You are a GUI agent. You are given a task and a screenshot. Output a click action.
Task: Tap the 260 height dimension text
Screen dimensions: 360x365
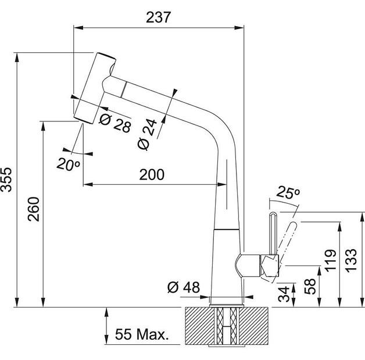pyautogui.click(x=34, y=213)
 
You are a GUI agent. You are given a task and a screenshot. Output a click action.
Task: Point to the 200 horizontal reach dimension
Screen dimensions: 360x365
pyautogui.click(x=151, y=174)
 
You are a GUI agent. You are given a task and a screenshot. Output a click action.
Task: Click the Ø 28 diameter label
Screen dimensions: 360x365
pyautogui.click(x=114, y=123)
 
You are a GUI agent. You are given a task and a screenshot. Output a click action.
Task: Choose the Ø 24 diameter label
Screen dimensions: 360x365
pyautogui.click(x=149, y=137)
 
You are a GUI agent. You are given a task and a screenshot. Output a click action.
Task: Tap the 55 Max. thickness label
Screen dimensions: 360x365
pyautogui.click(x=141, y=334)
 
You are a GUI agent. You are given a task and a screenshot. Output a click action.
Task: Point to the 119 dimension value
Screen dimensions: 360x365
pyautogui.click(x=329, y=261)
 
